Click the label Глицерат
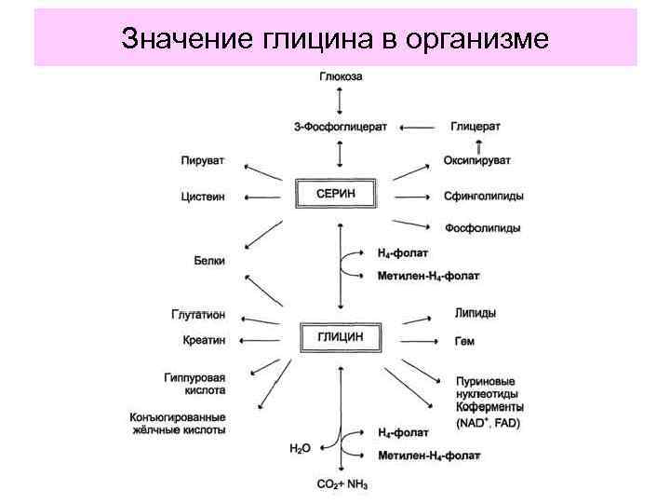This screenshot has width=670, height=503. tap(476, 126)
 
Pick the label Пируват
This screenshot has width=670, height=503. tap(202, 161)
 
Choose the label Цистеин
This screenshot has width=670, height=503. tap(202, 197)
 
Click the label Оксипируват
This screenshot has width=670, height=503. tap(478, 161)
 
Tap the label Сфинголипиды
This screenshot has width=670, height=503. tap(483, 197)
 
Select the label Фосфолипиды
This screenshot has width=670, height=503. tap(482, 227)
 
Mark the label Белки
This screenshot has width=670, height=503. tap(208, 261)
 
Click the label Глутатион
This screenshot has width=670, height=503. tap(197, 315)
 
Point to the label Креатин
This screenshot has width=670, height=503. tap(203, 340)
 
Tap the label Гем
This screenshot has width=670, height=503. tap(464, 341)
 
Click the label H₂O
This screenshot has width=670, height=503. tap(300, 448)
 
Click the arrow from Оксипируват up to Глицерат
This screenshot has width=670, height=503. tap(479, 144)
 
